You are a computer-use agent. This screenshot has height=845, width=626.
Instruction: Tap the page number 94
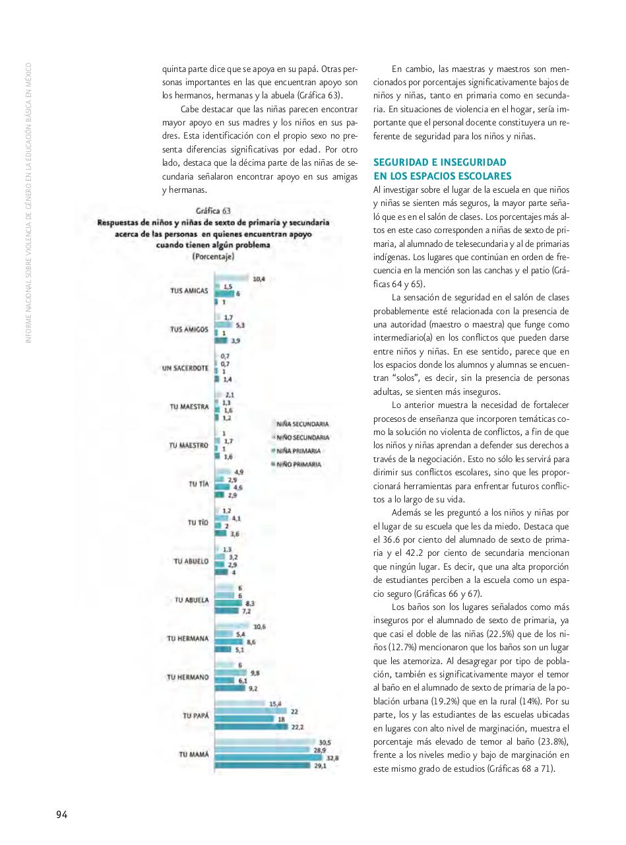[x=61, y=814]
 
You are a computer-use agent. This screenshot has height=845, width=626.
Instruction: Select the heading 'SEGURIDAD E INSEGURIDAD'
[x=439, y=162]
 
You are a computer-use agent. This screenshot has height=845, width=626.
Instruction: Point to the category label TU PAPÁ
[x=195, y=715]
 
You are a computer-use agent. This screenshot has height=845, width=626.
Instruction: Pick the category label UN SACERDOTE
[x=185, y=368]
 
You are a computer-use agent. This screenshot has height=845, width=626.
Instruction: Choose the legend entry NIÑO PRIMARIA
[x=299, y=465]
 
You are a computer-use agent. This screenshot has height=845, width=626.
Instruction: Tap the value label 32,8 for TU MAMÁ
[x=332, y=759]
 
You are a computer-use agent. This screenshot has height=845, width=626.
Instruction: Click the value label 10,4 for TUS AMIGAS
[x=259, y=279]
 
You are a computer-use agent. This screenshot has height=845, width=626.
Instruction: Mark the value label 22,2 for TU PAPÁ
[x=297, y=727]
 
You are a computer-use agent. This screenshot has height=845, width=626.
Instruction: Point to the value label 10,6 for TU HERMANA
[x=260, y=626]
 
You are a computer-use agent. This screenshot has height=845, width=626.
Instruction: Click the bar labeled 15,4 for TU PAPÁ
[x=239, y=704]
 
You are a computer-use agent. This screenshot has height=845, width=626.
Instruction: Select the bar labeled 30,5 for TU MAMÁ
[x=265, y=743]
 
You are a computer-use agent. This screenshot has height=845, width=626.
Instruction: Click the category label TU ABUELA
[x=192, y=599]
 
